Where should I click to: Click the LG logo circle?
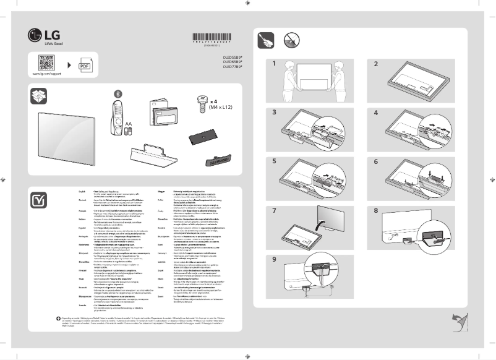tap(35, 34)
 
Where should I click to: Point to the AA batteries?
tap(129, 131)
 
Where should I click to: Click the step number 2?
tap(375, 64)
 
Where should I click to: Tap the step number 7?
tap(274, 211)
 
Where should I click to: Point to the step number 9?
tap(274, 259)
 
